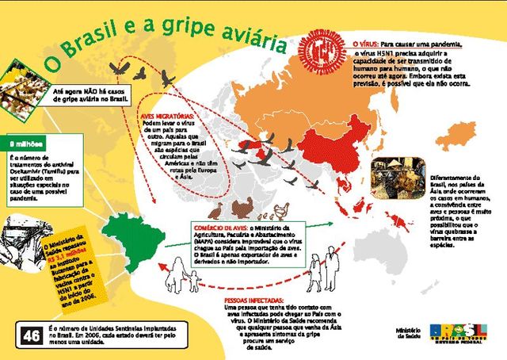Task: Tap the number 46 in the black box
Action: click(32, 335)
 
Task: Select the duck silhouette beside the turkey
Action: click(216, 211)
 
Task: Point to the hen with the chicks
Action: click(282, 210)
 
